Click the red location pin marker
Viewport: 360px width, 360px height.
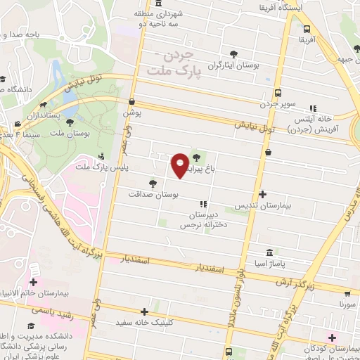tap(180, 165)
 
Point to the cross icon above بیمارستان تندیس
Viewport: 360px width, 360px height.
tap(263, 193)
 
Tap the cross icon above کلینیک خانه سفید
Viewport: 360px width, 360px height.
tap(144, 311)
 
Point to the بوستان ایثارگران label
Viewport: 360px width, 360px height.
tap(233, 65)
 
